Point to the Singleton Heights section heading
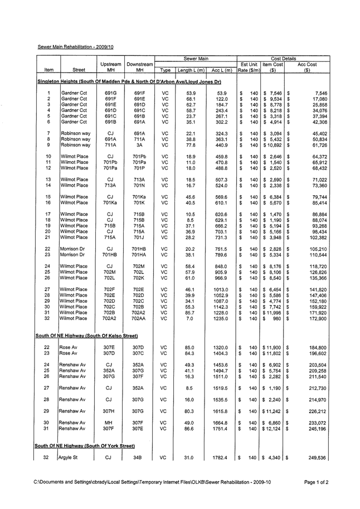(129, 82)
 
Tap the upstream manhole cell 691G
(110, 93)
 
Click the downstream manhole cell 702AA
(139, 318)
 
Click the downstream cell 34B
(139, 458)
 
